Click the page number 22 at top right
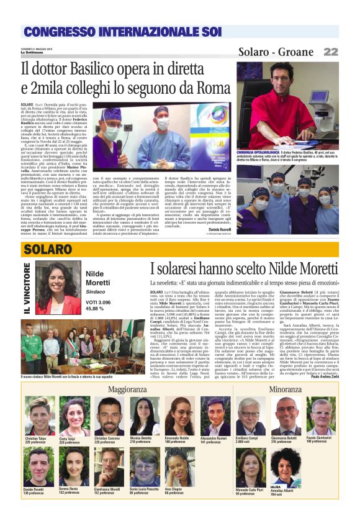click(330, 52)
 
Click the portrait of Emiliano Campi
click(250, 417)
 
